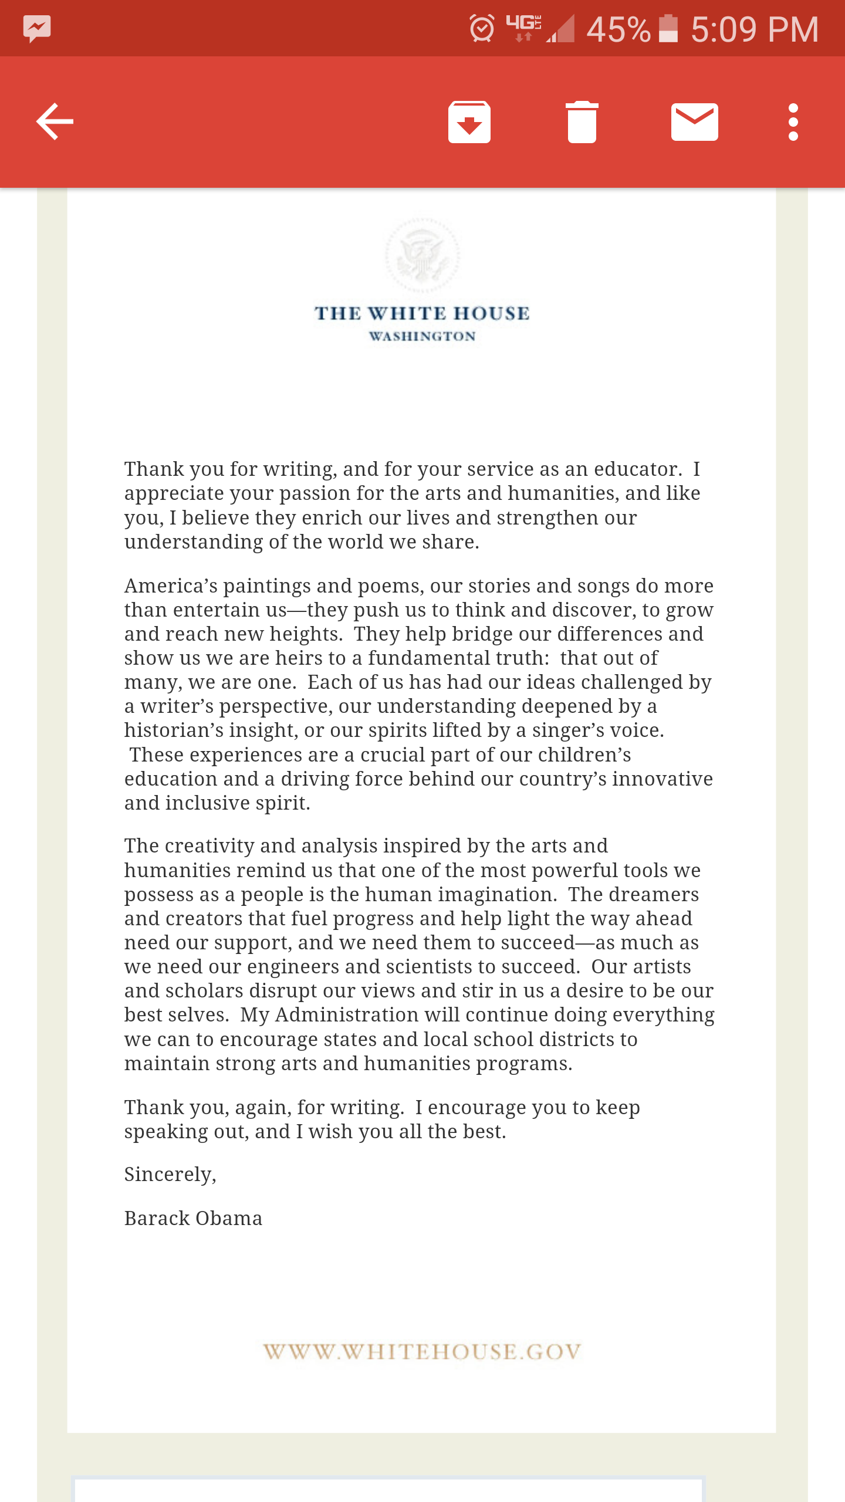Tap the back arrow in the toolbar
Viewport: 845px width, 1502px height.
pyautogui.click(x=55, y=122)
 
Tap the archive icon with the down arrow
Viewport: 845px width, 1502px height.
pyautogui.click(x=469, y=122)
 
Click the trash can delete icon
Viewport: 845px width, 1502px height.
pyautogui.click(x=582, y=122)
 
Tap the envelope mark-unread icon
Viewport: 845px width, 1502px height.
pyautogui.click(x=694, y=122)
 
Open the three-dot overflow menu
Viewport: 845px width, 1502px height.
pyautogui.click(x=793, y=122)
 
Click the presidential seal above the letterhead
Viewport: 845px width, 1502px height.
pyautogui.click(x=422, y=256)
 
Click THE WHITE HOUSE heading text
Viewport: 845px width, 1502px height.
pyautogui.click(x=422, y=313)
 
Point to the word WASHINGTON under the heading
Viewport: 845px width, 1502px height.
pyautogui.click(x=422, y=337)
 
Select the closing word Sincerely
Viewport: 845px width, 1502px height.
pyautogui.click(x=170, y=1175)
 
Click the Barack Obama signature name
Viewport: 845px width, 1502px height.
pyautogui.click(x=193, y=1219)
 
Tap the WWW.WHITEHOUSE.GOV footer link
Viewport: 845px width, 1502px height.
pyautogui.click(x=422, y=1352)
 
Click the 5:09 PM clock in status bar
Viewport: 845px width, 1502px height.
pyautogui.click(x=755, y=29)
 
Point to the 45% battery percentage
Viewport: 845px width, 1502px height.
pyautogui.click(x=618, y=29)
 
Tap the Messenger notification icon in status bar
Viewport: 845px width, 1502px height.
pyautogui.click(x=37, y=28)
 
